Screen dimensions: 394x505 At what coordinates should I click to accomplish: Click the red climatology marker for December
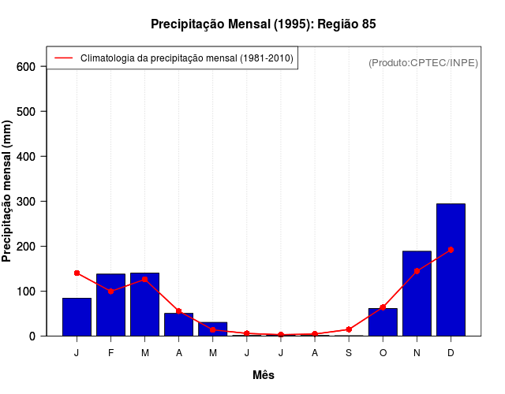pos(451,250)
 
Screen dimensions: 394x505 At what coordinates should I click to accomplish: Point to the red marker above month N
pos(417,271)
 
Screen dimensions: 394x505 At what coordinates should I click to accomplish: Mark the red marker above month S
pos(349,329)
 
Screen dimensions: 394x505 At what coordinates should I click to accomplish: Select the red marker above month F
pos(110,292)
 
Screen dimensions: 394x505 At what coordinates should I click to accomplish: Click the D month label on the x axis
pos(451,353)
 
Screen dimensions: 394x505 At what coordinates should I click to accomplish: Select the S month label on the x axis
pos(349,353)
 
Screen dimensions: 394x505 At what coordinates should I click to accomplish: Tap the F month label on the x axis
pos(110,353)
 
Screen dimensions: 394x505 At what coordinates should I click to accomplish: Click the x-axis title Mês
pos(264,375)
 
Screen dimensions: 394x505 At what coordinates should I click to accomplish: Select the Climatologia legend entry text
pos(187,58)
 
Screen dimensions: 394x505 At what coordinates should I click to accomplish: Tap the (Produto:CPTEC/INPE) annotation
pos(423,62)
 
